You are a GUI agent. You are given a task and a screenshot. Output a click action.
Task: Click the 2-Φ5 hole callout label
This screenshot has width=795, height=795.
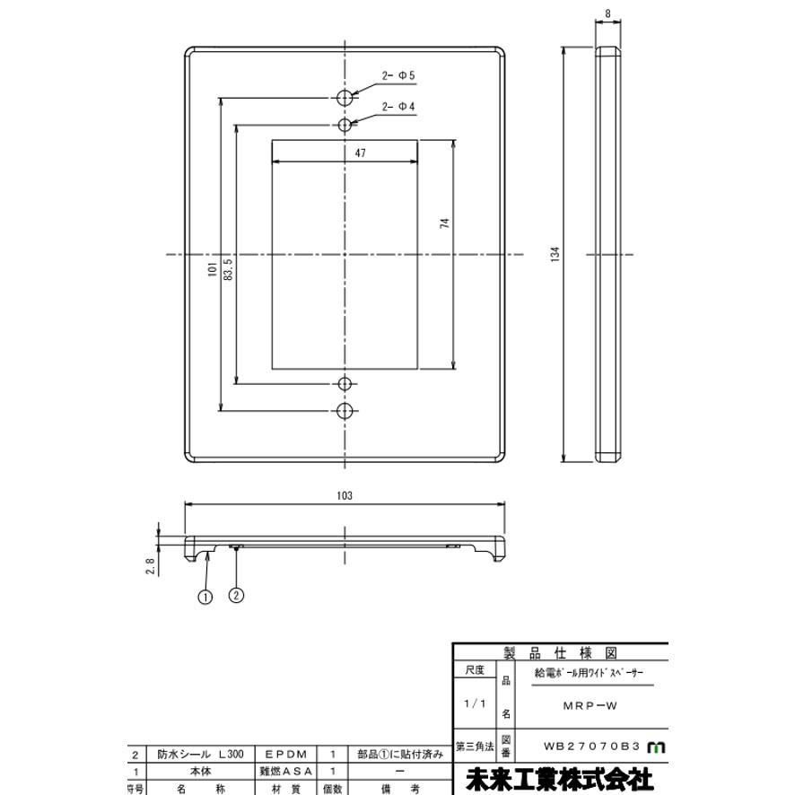397,75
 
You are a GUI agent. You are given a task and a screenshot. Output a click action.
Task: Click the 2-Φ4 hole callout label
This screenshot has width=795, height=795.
397,107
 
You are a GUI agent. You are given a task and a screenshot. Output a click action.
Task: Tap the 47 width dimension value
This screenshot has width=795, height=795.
360,153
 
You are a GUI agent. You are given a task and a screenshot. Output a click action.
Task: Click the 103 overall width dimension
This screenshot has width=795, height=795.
345,495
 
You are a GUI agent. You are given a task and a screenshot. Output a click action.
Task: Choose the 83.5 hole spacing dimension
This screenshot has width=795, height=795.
228,268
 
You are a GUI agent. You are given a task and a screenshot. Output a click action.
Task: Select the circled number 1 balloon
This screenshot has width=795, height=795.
205,595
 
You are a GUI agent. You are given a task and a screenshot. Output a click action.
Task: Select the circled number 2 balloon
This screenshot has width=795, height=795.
237,595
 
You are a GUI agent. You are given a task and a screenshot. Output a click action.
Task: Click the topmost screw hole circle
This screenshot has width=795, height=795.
345,97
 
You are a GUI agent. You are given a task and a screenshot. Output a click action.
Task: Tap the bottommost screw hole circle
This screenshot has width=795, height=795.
345,411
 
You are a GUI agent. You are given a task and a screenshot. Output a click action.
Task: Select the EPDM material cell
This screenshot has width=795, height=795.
286,756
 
